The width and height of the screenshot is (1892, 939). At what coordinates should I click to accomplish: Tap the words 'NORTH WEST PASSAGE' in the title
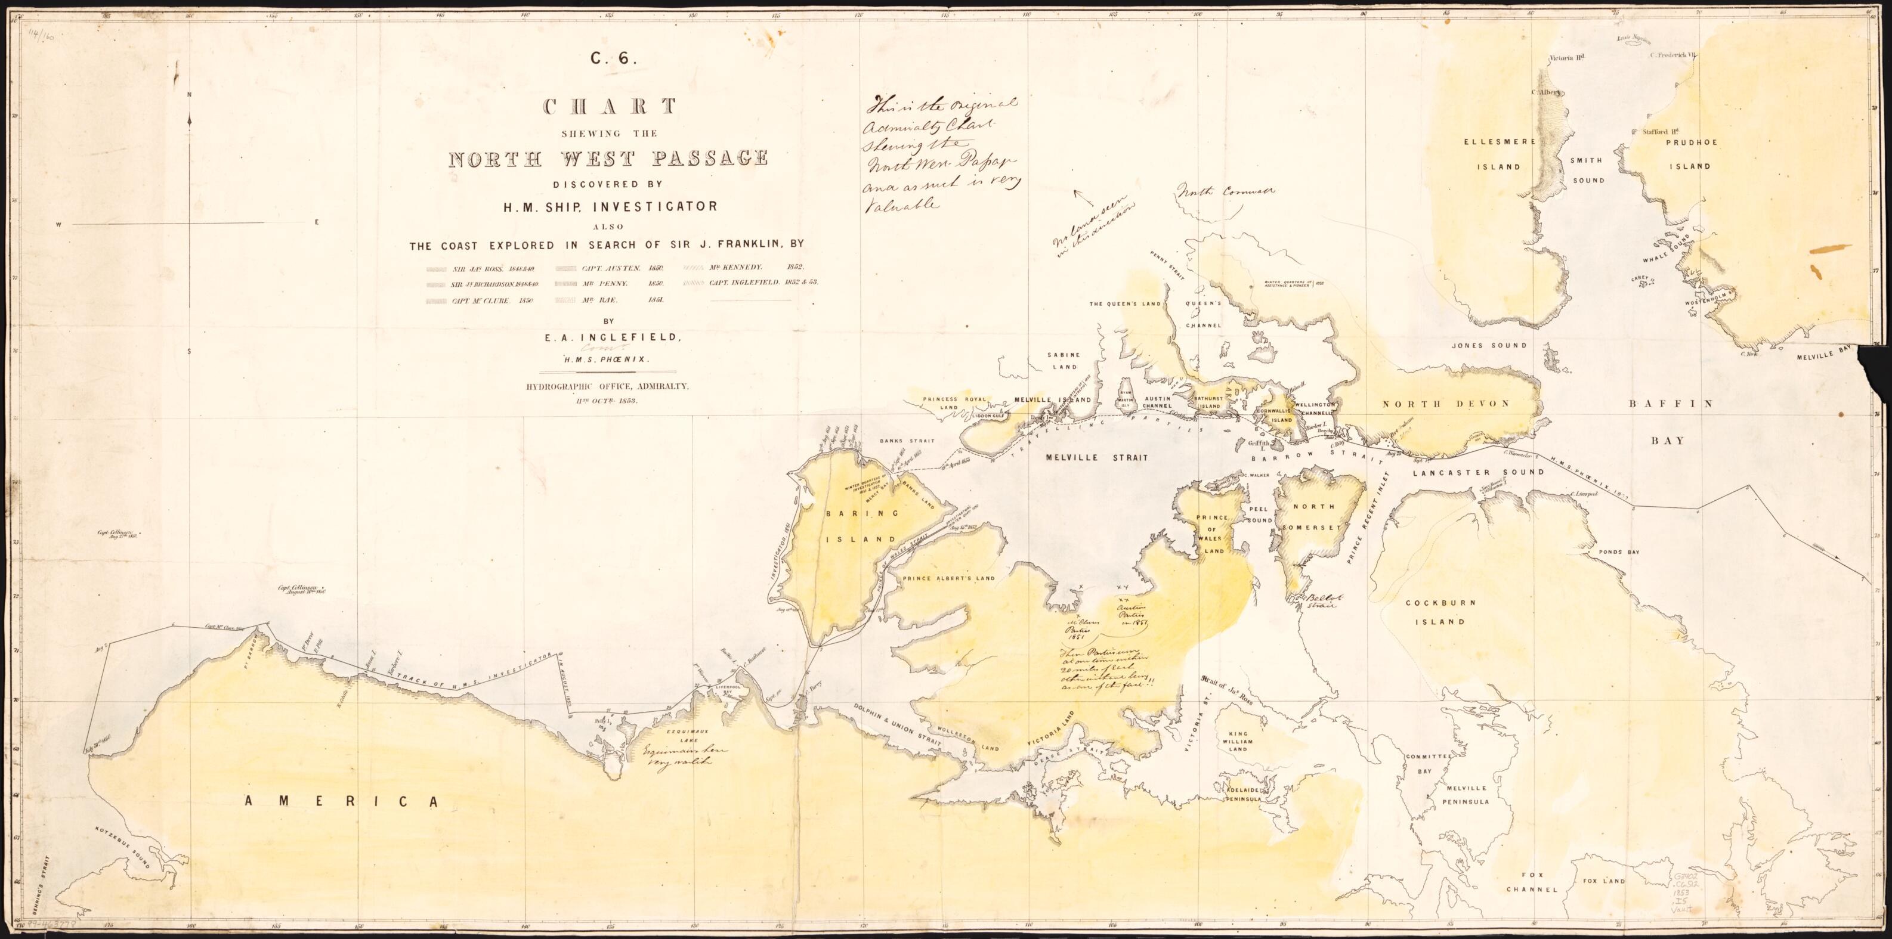pos(608,159)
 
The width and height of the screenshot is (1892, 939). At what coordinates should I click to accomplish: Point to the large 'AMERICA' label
pos(342,802)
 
